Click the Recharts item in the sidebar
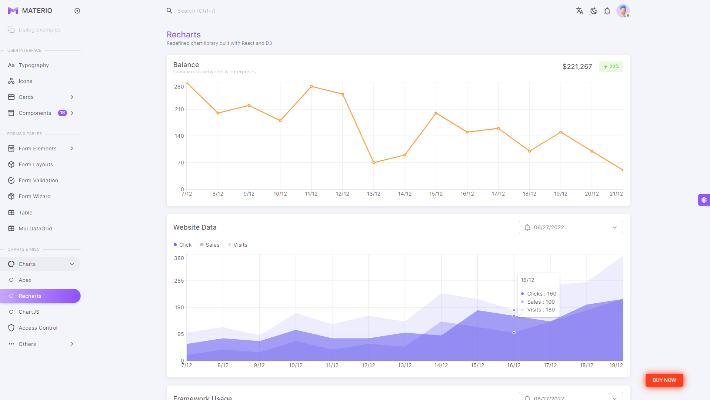[x=30, y=296]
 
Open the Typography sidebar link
[x=34, y=65]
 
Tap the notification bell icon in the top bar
[x=607, y=11]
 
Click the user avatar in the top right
[x=622, y=11]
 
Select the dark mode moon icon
[x=593, y=11]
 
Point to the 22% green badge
[x=611, y=67]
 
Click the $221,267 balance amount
[x=577, y=67]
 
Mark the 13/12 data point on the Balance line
[x=374, y=163]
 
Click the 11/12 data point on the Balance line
[x=312, y=87]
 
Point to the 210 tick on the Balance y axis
[x=179, y=109]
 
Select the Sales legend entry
[x=210, y=245]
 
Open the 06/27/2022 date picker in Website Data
[x=571, y=228]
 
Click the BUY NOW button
[x=664, y=380]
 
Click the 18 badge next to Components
[x=62, y=113]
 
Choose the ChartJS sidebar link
[x=29, y=312]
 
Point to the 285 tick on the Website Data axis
[x=179, y=281]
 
